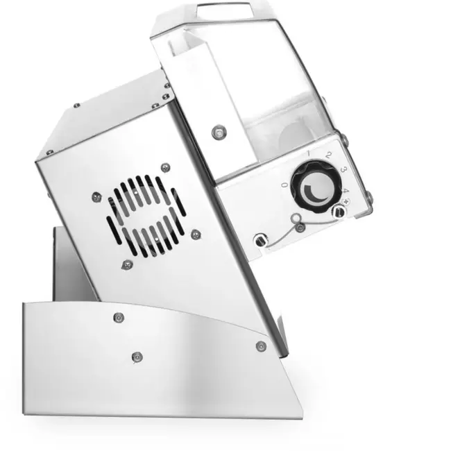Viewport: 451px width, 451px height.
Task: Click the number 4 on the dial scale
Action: click(x=345, y=189)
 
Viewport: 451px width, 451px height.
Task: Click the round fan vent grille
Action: click(x=145, y=216)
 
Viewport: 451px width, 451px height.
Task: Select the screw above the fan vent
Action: click(x=164, y=167)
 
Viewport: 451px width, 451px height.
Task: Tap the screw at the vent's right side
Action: click(x=196, y=234)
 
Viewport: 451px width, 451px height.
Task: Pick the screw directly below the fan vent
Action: click(x=126, y=264)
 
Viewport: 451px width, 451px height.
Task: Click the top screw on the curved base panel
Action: click(x=117, y=317)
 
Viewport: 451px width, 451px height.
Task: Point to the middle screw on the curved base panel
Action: click(x=136, y=357)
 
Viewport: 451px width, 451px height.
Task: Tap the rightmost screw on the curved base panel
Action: click(x=261, y=346)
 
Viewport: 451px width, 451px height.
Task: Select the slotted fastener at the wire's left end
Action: click(x=259, y=239)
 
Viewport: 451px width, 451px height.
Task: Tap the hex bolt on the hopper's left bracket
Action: click(x=219, y=130)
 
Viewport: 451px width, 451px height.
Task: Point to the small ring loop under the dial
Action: click(x=299, y=227)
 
